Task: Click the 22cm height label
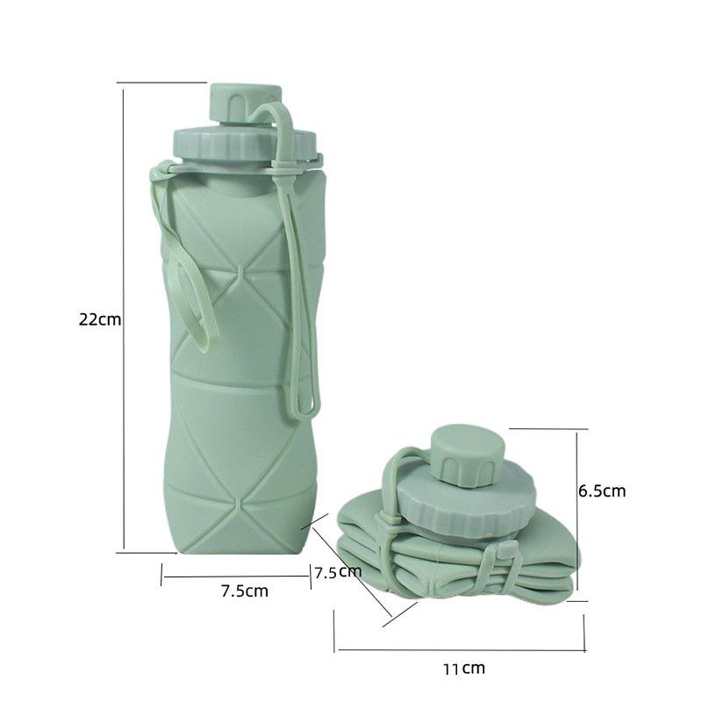pos(99,319)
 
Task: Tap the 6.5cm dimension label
pos(602,491)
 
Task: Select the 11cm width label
pos(463,669)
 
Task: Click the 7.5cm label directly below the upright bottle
pos(244,591)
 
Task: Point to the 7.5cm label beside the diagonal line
pos(338,572)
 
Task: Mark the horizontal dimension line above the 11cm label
pos(461,650)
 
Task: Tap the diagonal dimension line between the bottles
pos(351,575)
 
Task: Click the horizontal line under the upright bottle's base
pos(235,577)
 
